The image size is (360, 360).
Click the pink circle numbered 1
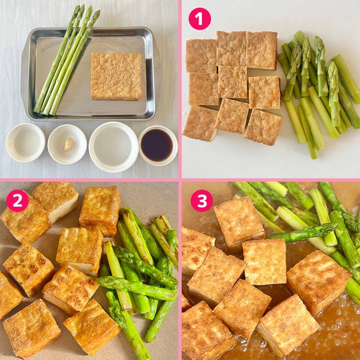pos(200,19)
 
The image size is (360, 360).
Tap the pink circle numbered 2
pos(17,201)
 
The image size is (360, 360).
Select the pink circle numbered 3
pos(202,201)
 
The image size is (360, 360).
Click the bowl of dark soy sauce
pos(158,146)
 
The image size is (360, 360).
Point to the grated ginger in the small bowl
pos(68,145)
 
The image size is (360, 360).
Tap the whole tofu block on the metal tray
pos(116,77)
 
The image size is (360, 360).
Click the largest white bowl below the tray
pos(114,147)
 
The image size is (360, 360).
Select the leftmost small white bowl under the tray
pos(26,143)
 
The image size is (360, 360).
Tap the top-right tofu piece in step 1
pos(261,50)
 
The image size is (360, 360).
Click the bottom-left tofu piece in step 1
pos(201,123)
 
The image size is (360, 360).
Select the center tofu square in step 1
pos(232,82)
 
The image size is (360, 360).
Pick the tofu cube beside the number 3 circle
pos(239,222)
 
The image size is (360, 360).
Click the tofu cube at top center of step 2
pos(100,211)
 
